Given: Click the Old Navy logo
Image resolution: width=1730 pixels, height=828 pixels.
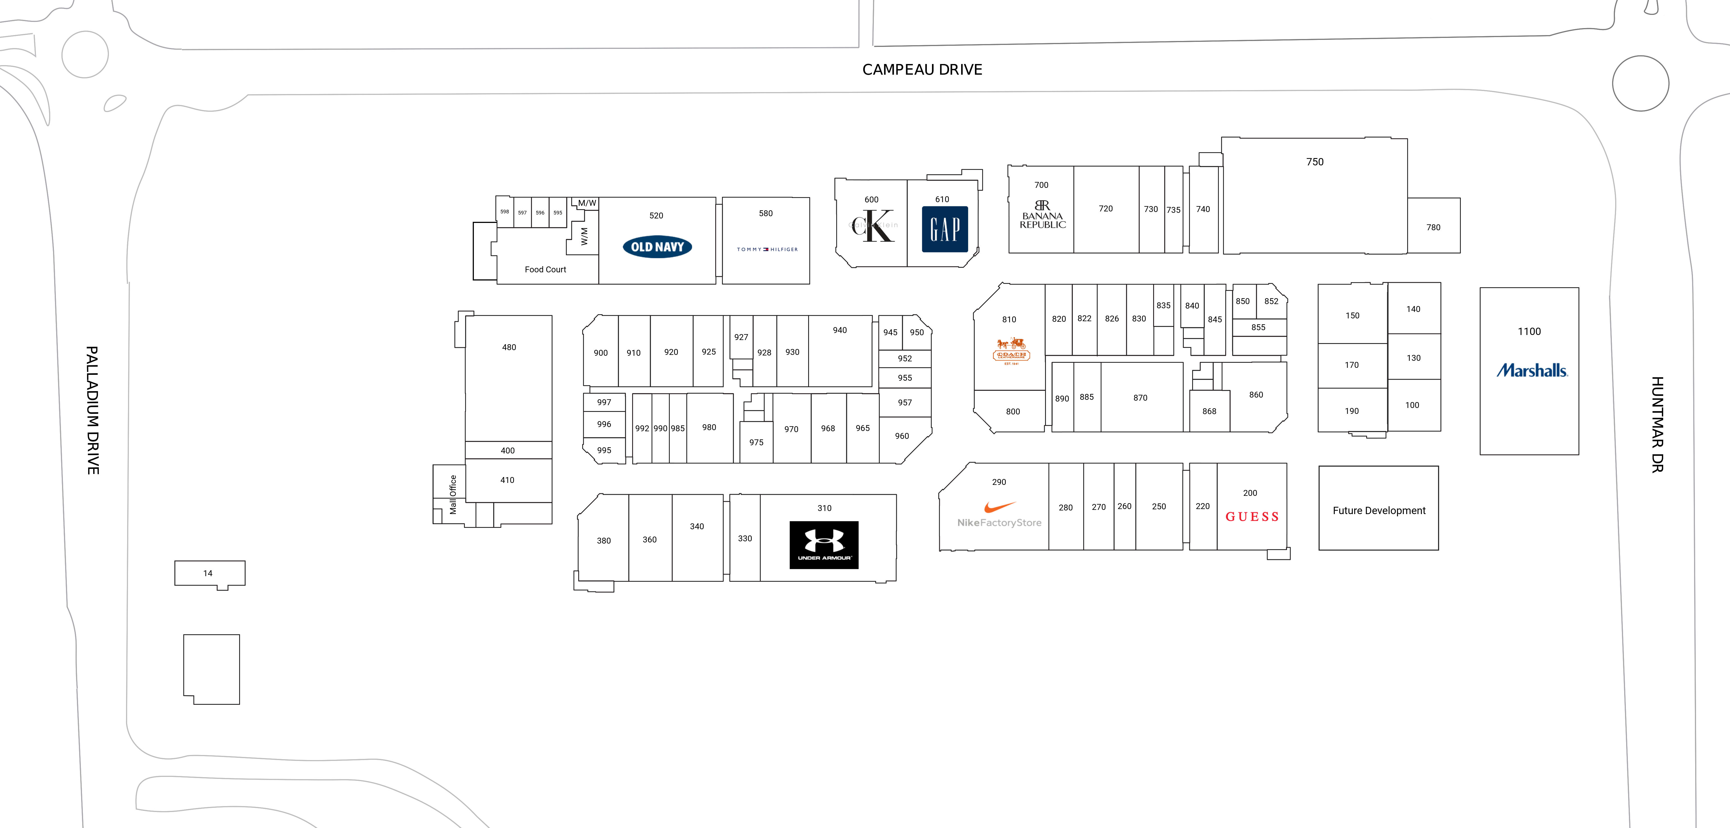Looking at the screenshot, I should click(657, 247).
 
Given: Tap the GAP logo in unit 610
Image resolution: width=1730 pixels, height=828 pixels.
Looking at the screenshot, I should click(944, 229).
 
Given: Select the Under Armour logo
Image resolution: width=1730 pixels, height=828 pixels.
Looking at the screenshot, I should click(823, 545).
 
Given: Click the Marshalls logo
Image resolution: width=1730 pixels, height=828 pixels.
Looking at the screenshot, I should click(1531, 370).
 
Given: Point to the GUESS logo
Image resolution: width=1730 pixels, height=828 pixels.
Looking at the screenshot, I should click(1252, 516).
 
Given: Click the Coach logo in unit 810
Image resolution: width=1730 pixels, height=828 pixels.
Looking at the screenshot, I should click(1011, 351).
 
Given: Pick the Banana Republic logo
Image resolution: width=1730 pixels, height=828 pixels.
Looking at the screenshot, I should click(1042, 215).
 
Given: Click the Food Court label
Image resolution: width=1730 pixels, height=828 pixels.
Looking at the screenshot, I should click(545, 269).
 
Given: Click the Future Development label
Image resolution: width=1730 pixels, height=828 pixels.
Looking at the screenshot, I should click(1379, 510).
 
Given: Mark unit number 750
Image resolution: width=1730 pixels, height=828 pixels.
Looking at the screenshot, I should click(1314, 162).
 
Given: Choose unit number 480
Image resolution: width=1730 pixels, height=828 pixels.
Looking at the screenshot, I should click(509, 347).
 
